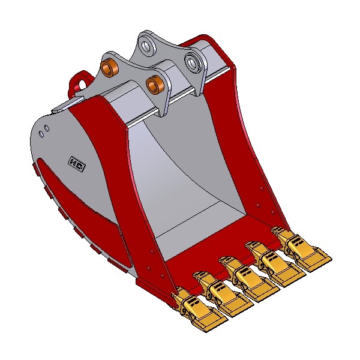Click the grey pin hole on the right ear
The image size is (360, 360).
(193, 62)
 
